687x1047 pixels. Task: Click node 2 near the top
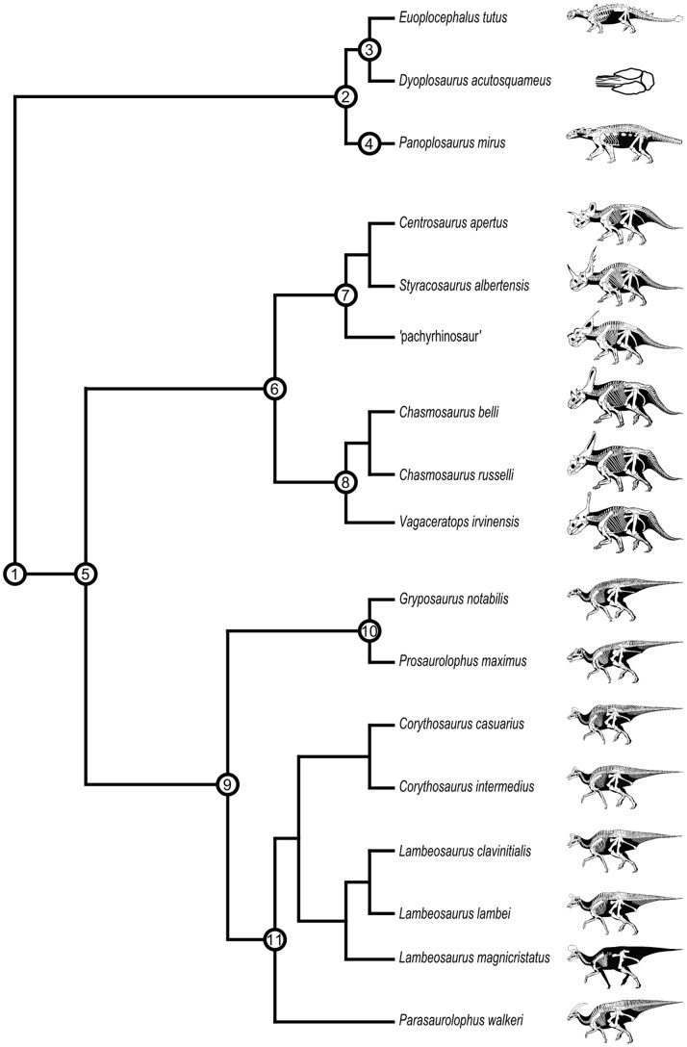[x=344, y=95]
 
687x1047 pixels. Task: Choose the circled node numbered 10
[x=369, y=630]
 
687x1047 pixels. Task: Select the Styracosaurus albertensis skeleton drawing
[x=621, y=279]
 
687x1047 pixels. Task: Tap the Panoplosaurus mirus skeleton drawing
[x=621, y=145]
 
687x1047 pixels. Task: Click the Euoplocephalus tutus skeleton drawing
[x=621, y=19]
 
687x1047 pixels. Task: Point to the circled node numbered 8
[x=344, y=483]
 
